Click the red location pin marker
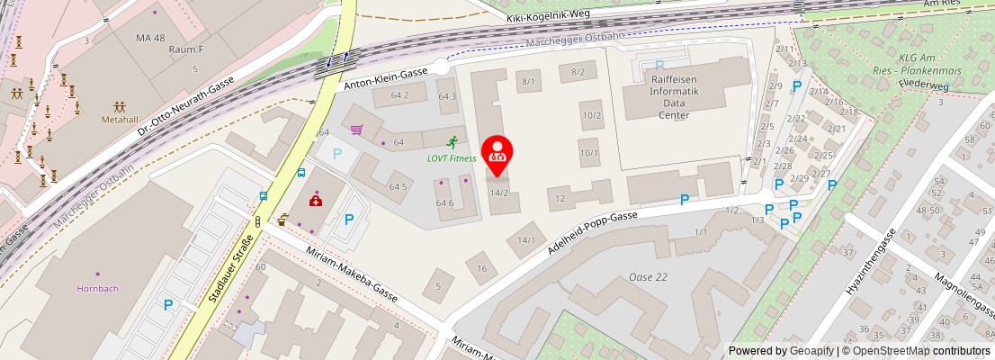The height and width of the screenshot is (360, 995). pos(496,151)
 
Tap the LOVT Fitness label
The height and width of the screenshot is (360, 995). pos(452,158)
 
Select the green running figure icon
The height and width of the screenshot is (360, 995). pos(452,141)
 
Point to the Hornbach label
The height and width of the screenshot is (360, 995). pos(97,288)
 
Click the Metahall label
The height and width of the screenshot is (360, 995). pos(119,119)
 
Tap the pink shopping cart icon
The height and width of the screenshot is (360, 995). pos(356,130)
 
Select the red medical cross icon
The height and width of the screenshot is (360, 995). pos(316,200)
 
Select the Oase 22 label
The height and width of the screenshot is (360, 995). pos(648,276)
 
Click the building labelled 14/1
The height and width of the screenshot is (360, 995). pos(526,240)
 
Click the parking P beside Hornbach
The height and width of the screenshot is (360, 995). pos(168,305)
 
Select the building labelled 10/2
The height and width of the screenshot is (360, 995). pos(591,114)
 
